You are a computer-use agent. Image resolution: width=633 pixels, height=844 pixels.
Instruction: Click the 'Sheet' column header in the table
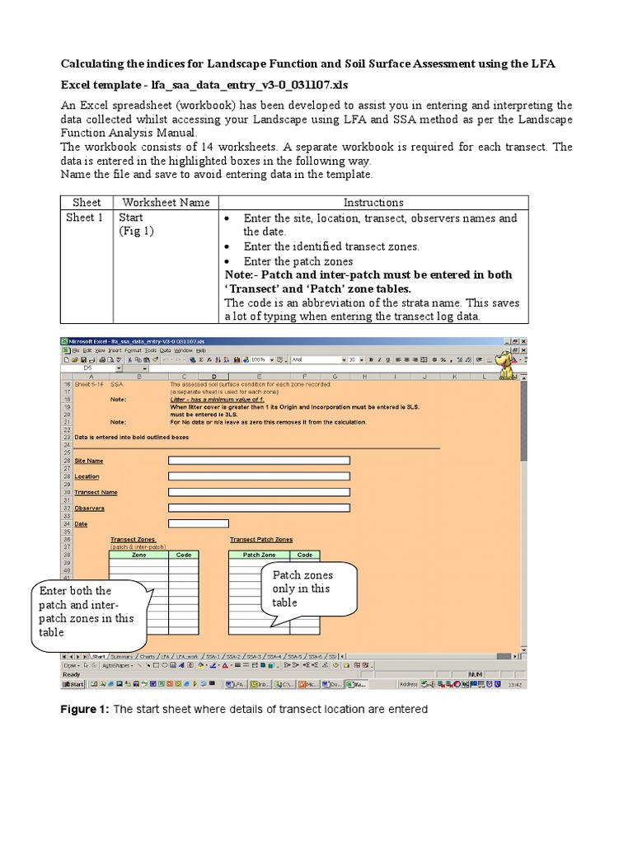click(87, 202)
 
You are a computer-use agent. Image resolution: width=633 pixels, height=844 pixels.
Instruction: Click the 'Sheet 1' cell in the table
click(85, 218)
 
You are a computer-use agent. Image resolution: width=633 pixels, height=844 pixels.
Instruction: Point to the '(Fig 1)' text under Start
click(137, 232)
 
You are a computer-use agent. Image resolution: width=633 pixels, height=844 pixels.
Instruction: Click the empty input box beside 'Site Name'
click(259, 461)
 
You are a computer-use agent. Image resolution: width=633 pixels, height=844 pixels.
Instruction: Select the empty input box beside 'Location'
click(259, 476)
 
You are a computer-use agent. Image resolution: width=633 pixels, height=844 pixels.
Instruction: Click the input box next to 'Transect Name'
click(259, 492)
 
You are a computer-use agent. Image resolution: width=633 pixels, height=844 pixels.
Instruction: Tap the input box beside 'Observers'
click(259, 508)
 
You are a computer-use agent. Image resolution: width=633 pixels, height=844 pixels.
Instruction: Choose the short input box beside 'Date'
click(198, 523)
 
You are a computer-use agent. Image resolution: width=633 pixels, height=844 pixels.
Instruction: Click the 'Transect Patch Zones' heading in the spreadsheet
click(260, 539)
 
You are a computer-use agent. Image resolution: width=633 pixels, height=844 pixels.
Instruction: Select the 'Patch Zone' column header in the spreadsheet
click(259, 555)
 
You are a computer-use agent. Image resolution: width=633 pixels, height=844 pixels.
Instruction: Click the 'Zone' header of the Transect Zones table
click(138, 555)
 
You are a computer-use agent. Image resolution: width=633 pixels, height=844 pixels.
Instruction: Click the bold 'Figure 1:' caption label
click(85, 709)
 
